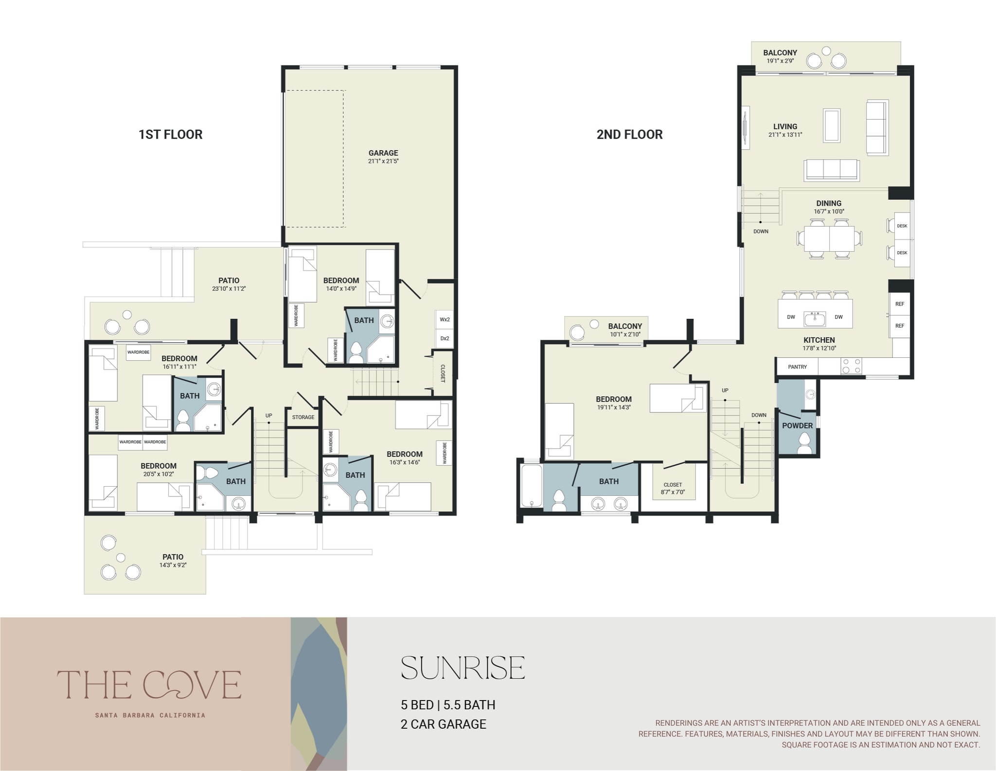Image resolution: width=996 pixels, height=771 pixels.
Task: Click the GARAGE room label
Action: point(383,153)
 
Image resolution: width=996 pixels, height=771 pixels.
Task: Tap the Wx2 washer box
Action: point(445,320)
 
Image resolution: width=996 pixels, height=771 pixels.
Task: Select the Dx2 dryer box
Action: point(445,338)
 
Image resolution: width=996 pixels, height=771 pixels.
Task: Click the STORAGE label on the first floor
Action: point(303,417)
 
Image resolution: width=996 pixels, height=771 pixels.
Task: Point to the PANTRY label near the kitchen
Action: point(798,367)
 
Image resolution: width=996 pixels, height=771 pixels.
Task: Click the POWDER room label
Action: point(797,425)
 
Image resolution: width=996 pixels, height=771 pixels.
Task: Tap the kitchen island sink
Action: point(815,319)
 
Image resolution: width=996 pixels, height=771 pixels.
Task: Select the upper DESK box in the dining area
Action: point(902,226)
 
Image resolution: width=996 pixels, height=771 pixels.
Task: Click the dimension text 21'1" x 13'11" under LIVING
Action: point(785,135)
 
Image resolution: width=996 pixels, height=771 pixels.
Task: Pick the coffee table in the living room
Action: point(832,125)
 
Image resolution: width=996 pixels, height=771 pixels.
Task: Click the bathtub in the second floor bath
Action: point(531,486)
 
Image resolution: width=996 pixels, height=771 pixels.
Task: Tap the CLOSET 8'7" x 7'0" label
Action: point(673,488)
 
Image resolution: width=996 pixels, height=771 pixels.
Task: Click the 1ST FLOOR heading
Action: point(170,134)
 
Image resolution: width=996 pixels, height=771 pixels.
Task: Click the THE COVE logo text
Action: point(149,684)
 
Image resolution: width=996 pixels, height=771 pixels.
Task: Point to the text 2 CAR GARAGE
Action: point(443,724)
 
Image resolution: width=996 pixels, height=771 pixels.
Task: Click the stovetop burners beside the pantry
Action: point(851,366)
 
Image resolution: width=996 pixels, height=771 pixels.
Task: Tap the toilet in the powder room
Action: point(804,443)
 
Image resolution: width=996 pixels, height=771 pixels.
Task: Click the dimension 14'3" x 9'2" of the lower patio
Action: point(173,565)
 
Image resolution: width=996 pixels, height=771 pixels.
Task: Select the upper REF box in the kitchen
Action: point(900,304)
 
